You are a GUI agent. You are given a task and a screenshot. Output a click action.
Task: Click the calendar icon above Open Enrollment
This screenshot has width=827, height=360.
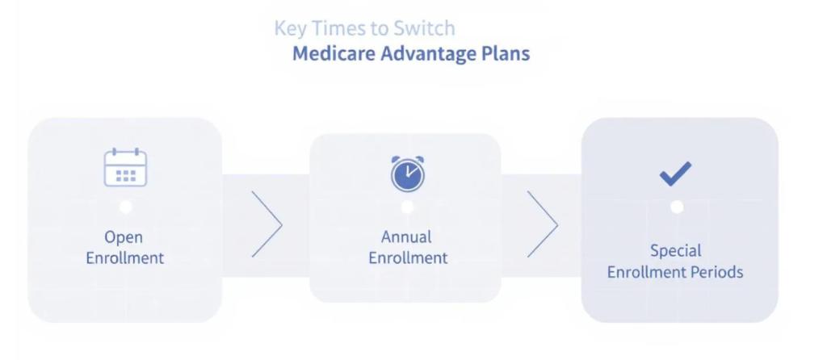[x=125, y=168]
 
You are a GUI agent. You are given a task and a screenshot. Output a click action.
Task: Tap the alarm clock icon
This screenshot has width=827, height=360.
[x=407, y=174]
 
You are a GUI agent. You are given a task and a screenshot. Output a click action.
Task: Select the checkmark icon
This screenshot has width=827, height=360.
[x=675, y=174]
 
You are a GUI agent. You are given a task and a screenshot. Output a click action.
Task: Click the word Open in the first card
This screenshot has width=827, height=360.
[x=124, y=237]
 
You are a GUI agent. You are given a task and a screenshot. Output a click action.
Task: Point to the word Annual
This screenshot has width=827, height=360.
[x=406, y=237]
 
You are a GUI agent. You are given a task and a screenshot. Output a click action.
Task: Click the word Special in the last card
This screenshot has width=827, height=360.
[x=675, y=250]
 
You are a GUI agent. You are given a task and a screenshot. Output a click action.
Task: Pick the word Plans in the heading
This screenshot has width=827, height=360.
[x=508, y=54]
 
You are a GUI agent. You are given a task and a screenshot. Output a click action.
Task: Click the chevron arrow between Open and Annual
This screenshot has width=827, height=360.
[x=267, y=224]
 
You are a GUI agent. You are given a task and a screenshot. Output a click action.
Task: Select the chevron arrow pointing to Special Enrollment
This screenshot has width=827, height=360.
[x=543, y=224]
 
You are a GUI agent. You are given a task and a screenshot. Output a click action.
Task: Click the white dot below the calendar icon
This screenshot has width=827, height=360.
[x=125, y=207]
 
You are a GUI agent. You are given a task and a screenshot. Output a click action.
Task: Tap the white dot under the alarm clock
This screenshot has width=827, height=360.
[x=407, y=207]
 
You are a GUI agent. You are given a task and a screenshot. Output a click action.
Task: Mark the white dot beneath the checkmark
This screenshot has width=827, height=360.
[x=677, y=207]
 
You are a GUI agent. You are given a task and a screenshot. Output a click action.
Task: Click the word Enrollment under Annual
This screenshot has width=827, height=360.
[x=408, y=258]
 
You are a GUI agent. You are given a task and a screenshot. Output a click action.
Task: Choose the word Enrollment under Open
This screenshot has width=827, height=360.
[x=124, y=258]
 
